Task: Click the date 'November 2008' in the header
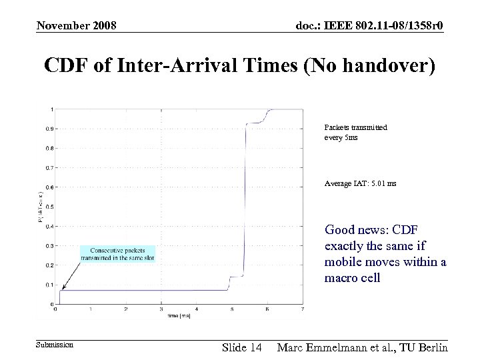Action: (77, 26)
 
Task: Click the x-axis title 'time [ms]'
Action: (179, 317)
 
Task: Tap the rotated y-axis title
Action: (39, 207)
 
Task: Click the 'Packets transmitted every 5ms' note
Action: (355, 132)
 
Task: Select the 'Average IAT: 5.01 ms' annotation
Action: (360, 183)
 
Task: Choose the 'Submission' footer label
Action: (54, 345)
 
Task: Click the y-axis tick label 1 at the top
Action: (53, 109)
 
